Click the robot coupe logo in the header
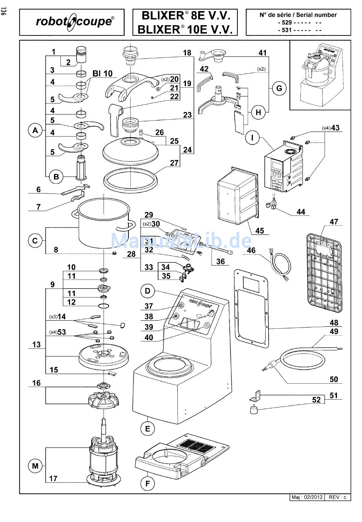pyautogui.click(x=74, y=22)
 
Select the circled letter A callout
pyautogui.click(x=35, y=130)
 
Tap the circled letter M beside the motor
pyautogui.click(x=35, y=466)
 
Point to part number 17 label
pyautogui.click(x=53, y=478)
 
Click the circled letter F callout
pyautogui.click(x=147, y=484)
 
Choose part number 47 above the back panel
pyautogui.click(x=334, y=222)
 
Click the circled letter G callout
pyautogui.click(x=279, y=88)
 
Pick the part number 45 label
pyautogui.click(x=260, y=231)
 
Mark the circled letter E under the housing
pyautogui.click(x=147, y=428)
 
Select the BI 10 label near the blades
pyautogui.click(x=102, y=73)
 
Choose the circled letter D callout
pyautogui.click(x=147, y=291)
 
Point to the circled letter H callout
pyautogui.click(x=259, y=112)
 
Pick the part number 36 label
pyautogui.click(x=221, y=262)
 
